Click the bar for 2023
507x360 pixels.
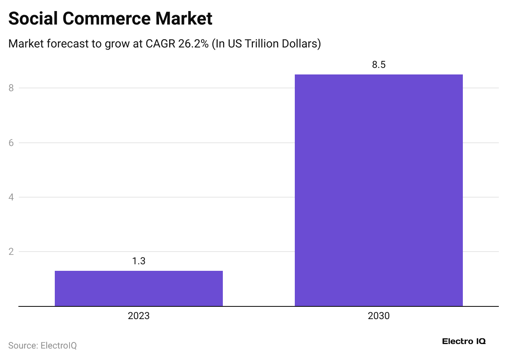[x=139, y=288]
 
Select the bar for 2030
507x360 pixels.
[x=379, y=190]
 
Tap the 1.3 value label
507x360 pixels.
[x=139, y=261]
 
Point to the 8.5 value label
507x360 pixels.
[x=379, y=65]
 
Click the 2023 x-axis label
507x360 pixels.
[x=139, y=316]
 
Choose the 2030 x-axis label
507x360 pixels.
[x=379, y=316]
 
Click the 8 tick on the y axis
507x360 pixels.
[x=11, y=88]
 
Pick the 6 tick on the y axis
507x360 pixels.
[x=11, y=143]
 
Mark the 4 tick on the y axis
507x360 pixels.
[x=11, y=197]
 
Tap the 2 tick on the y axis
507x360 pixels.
[x=11, y=252]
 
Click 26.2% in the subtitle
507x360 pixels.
[x=193, y=44]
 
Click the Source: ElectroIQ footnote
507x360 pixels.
[x=43, y=345]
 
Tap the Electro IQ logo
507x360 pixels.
[x=464, y=342]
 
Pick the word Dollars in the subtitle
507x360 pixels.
[x=302, y=44]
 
